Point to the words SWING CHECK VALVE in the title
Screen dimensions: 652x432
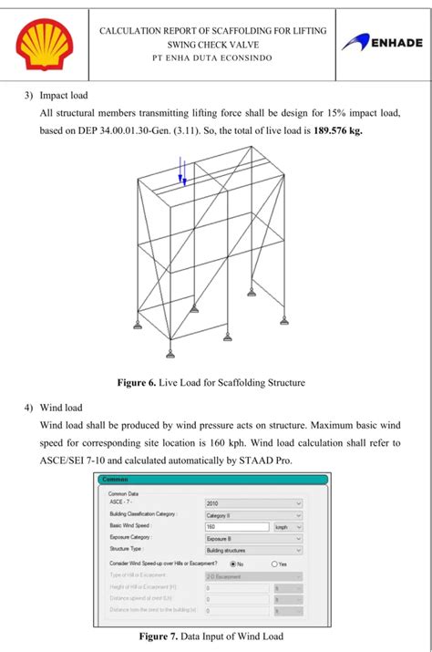pyautogui.click(x=211, y=44)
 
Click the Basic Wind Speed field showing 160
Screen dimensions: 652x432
pyautogui.click(x=236, y=526)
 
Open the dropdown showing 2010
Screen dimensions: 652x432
pyautogui.click(x=252, y=502)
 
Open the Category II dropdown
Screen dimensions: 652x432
pyautogui.click(x=252, y=514)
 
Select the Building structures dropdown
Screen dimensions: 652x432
pyautogui.click(x=252, y=550)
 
